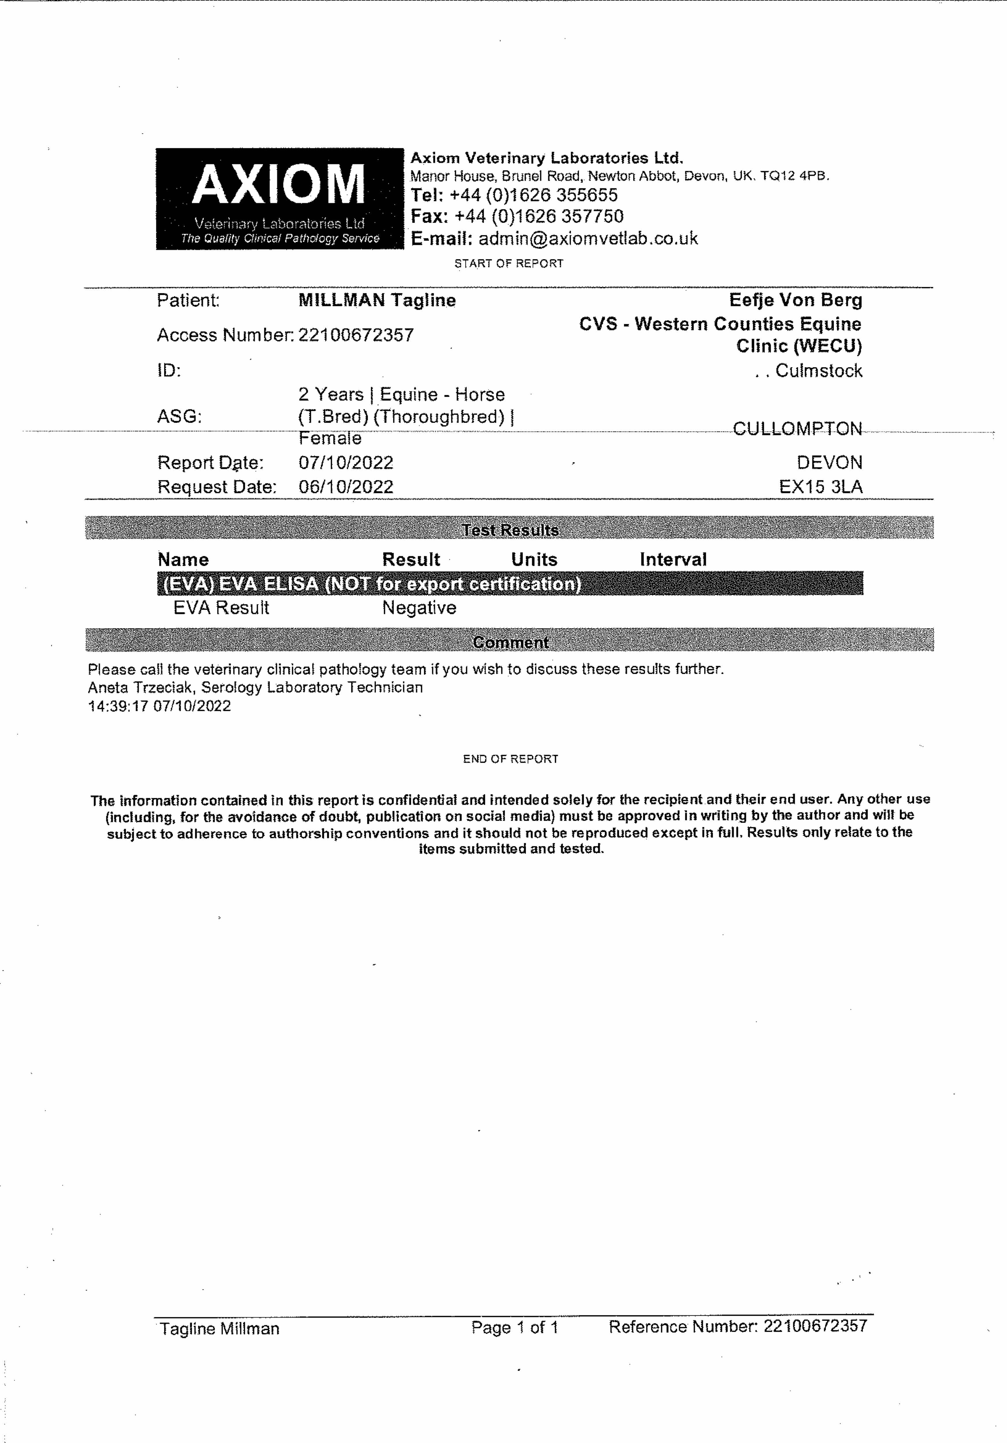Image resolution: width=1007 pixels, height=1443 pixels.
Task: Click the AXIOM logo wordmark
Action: tap(279, 184)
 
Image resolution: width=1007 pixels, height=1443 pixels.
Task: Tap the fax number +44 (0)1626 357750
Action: tap(539, 216)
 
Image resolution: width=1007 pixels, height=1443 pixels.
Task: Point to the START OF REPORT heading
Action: tap(509, 263)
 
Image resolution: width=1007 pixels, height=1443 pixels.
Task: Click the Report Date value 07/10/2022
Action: tap(346, 463)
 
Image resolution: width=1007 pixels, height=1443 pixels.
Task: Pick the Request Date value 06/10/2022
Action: tap(346, 487)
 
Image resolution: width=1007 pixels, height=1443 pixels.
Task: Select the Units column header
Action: tap(534, 559)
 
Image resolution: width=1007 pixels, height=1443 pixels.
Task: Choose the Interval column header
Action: tap(672, 559)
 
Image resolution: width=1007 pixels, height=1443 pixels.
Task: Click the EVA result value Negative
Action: tap(419, 608)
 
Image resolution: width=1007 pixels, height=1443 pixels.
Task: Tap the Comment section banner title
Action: tap(510, 642)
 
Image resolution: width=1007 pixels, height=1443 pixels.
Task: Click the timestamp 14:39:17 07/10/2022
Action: tap(159, 706)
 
